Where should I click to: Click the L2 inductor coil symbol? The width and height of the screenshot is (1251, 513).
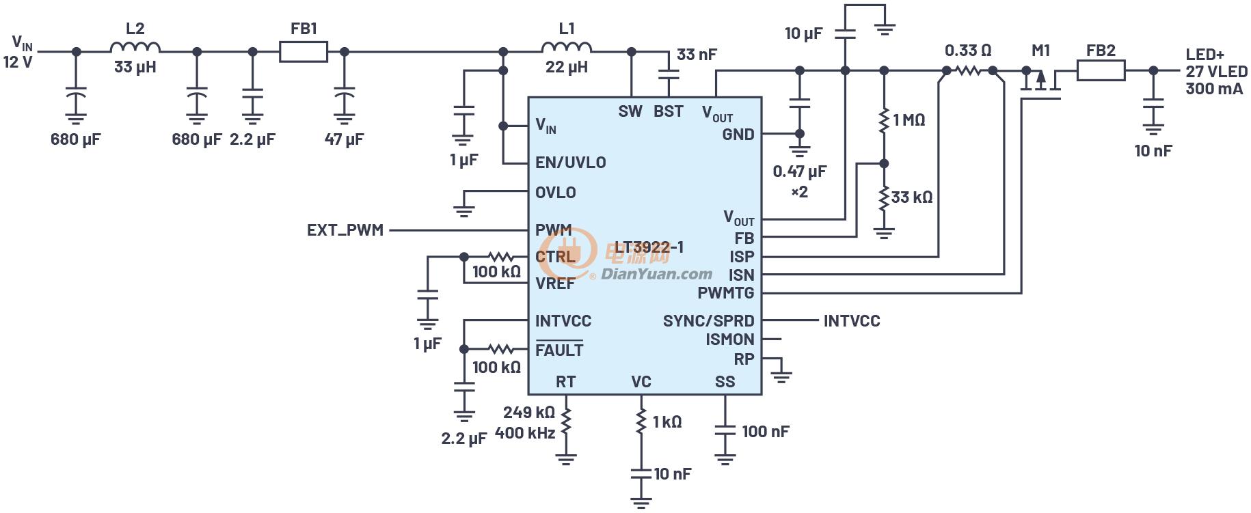(135, 47)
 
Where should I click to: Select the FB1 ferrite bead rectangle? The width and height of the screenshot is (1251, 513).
(304, 51)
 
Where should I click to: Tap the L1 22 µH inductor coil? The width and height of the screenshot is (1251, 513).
(567, 47)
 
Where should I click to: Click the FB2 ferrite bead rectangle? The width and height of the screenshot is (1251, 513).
(1101, 70)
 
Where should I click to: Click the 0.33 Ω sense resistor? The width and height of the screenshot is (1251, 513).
(969, 70)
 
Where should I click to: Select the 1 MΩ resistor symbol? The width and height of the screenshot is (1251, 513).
(884, 120)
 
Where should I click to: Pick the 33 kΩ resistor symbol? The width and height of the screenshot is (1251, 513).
(884, 197)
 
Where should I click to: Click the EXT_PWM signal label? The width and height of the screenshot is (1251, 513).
(345, 230)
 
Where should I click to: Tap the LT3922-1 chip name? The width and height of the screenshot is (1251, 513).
(649, 247)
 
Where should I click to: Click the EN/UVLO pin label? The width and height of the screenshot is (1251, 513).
(570, 163)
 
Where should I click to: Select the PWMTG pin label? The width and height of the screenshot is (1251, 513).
(725, 293)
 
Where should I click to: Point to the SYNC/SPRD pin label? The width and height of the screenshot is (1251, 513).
(708, 321)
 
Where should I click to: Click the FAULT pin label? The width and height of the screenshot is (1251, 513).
(559, 350)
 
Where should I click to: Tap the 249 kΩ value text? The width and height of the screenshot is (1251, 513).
(528, 413)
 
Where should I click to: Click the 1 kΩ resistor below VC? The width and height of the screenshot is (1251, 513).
(641, 421)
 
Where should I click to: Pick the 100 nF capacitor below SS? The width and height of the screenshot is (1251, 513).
(725, 432)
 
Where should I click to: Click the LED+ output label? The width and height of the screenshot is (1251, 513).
(1205, 55)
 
